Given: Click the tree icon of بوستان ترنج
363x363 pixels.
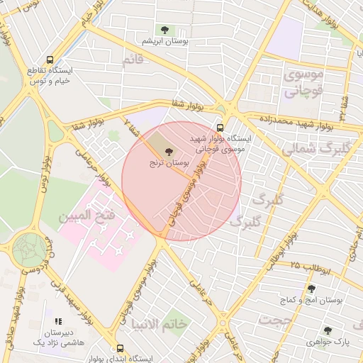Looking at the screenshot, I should [x=169, y=151].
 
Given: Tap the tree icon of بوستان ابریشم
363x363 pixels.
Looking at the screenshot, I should [x=165, y=30].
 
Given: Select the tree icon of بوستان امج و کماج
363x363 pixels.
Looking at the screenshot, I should [x=311, y=289].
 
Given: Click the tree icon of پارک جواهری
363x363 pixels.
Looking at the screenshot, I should [x=327, y=330].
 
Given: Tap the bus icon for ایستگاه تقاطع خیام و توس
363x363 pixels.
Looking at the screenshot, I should [x=49, y=60].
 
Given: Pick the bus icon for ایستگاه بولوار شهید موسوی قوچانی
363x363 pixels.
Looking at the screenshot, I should [x=220, y=128].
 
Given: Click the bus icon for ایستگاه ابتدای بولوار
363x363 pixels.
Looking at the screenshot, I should [x=120, y=349].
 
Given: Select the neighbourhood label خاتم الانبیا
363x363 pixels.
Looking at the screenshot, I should [x=159, y=323].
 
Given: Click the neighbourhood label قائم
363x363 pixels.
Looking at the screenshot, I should [x=133, y=60].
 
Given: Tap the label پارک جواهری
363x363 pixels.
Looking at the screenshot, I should [x=325, y=342].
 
